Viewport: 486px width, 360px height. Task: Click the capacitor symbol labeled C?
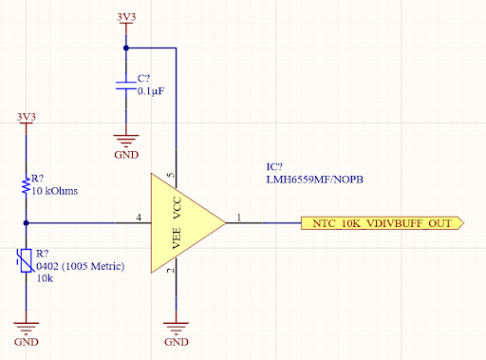[x=125, y=87]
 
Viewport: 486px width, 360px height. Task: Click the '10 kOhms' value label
[x=54, y=191]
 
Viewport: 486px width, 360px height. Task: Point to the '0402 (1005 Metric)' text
[x=81, y=266]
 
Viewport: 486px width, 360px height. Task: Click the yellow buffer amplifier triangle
[x=185, y=223]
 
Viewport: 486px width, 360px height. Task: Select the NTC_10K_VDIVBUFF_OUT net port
[x=382, y=223]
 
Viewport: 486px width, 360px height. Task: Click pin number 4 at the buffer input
[x=139, y=218]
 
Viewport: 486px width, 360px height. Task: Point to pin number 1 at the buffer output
[x=238, y=218]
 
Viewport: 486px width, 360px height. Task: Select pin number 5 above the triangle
[x=171, y=176]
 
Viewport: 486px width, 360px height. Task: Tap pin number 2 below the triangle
[x=171, y=272]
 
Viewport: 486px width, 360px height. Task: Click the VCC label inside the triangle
[x=176, y=208]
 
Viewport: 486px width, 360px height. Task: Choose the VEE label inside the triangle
[x=176, y=237]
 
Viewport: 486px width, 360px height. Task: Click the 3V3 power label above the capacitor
[x=125, y=17]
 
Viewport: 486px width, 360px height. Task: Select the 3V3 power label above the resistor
[x=27, y=117]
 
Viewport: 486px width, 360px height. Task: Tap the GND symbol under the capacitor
[x=125, y=142]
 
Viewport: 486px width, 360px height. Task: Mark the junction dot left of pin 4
[x=27, y=223]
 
